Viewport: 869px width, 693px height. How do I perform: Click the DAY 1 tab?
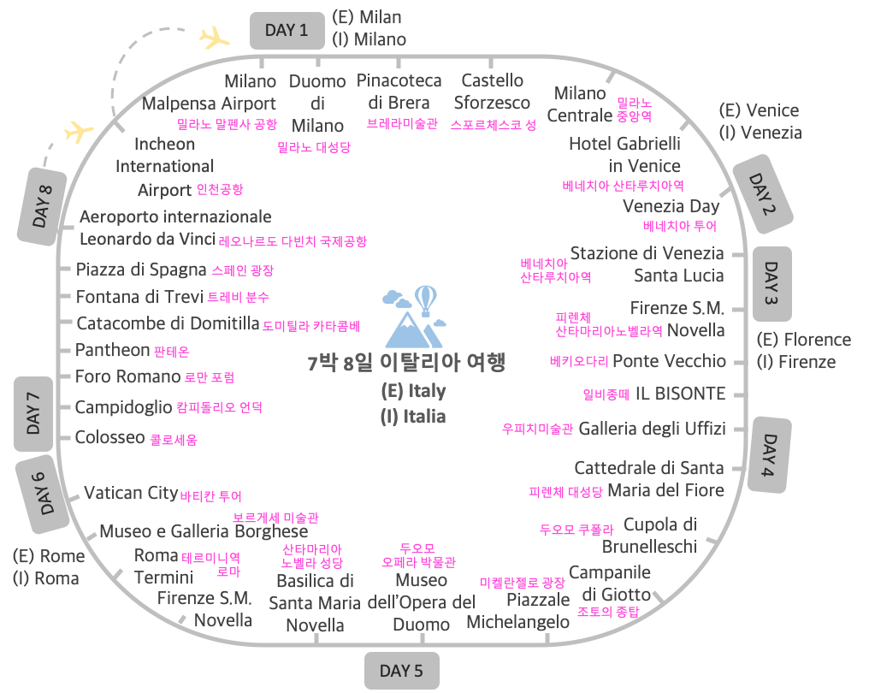[287, 31]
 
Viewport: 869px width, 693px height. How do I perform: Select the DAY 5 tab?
[401, 671]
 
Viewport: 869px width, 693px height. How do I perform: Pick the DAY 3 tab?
[772, 283]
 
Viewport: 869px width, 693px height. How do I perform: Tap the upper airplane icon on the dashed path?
[214, 38]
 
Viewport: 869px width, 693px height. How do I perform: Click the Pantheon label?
[112, 350]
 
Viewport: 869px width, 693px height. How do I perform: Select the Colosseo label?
[109, 437]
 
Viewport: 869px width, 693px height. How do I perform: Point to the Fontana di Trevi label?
[139, 297]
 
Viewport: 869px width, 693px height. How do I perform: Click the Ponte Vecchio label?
[669, 361]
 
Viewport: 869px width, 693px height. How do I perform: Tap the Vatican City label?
[130, 493]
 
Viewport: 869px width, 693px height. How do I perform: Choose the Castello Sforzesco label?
[492, 92]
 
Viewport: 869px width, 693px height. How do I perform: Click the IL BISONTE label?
[679, 394]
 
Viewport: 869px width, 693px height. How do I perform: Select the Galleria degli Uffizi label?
[652, 428]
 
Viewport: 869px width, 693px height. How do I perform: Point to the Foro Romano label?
[127, 376]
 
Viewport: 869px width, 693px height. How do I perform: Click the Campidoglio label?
[123, 407]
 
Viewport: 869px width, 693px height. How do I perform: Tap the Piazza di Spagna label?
[141, 269]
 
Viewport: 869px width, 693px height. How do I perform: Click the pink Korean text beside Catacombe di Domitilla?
[311, 326]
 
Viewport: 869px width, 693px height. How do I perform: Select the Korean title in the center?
[406, 363]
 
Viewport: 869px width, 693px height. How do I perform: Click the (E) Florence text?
[804, 340]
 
